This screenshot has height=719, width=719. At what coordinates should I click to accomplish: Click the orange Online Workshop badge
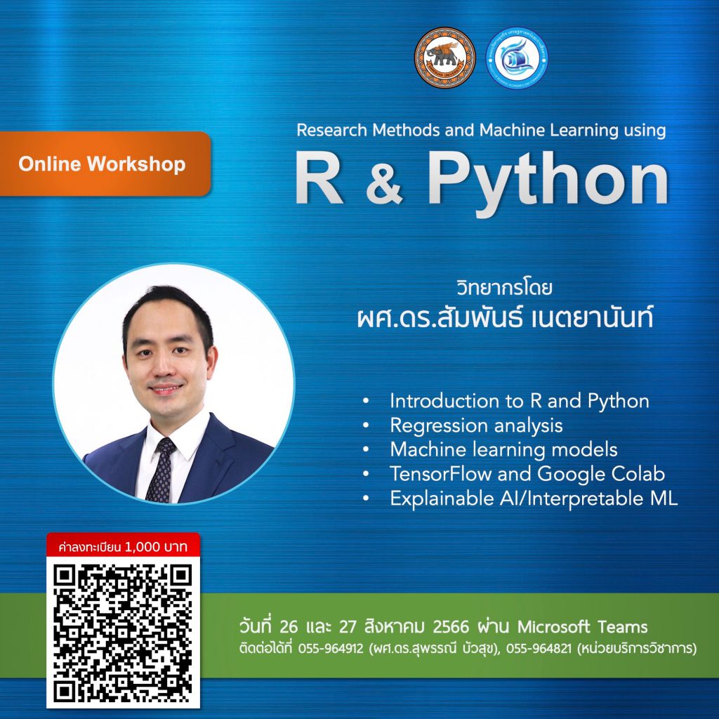[x=103, y=164]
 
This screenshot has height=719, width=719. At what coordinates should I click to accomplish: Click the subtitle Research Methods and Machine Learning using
[x=480, y=130]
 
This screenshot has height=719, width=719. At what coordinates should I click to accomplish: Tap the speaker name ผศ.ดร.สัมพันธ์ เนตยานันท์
[x=504, y=318]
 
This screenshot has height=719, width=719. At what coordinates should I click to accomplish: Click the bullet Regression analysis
[x=476, y=426]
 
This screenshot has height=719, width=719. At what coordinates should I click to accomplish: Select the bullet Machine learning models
[x=503, y=449]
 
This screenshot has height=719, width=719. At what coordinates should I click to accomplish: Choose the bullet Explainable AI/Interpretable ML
[x=533, y=499]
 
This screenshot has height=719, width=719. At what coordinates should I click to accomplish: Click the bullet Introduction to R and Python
[x=519, y=401]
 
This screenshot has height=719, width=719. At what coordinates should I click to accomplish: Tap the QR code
[x=123, y=632]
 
